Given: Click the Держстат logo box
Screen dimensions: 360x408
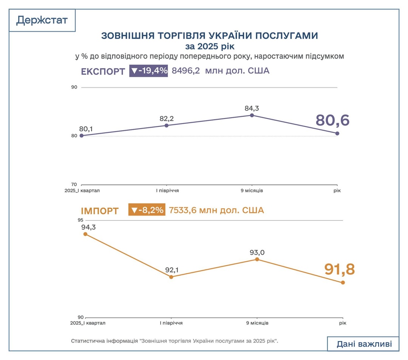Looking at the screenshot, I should tap(42, 20).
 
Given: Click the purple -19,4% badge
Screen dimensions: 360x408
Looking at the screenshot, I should tap(148, 71).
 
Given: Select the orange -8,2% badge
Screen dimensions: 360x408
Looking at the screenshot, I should tap(147, 210).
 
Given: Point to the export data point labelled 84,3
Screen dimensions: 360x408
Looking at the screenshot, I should tap(252, 115).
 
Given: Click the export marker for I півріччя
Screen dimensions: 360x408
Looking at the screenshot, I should tap(167, 125).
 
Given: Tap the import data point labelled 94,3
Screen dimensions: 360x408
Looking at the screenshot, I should tap(85, 234).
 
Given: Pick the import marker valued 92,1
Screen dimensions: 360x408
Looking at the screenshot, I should tap(171, 277).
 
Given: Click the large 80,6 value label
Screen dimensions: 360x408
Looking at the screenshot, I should tap(332, 120).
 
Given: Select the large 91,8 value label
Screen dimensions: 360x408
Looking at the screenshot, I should tap(340, 269).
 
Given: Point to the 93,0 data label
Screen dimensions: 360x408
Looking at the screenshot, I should tap(257, 252).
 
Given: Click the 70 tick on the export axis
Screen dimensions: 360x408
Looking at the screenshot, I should tap(74, 185).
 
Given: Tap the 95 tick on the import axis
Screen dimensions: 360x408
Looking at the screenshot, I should tap(80, 220).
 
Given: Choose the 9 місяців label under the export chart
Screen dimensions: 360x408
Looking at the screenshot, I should tap(252, 191).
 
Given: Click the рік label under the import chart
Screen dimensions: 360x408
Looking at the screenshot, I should tap(342, 323).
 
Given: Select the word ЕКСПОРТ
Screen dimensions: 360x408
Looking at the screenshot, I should tap(103, 71).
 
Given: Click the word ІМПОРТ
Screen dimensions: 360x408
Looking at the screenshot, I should tap(100, 211).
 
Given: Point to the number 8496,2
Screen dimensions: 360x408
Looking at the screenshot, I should tap(186, 71).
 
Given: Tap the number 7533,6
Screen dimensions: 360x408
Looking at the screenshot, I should tap(183, 210).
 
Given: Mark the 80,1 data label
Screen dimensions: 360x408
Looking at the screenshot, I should tap(86, 129).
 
